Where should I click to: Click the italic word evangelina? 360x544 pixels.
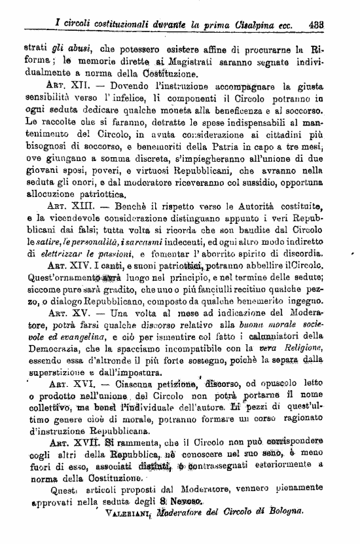pos(69,336)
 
